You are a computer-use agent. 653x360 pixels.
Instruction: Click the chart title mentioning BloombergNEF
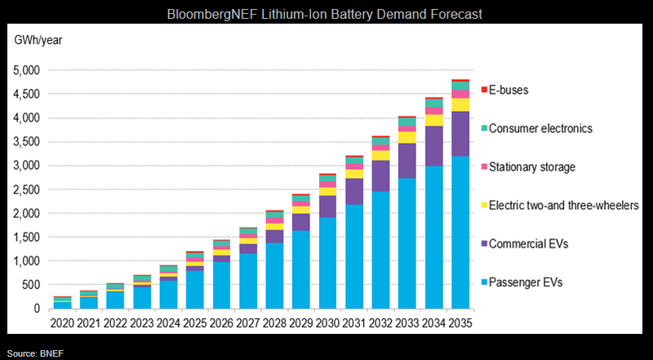(x=326, y=15)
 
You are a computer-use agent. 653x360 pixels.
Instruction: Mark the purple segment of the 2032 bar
(x=380, y=176)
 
